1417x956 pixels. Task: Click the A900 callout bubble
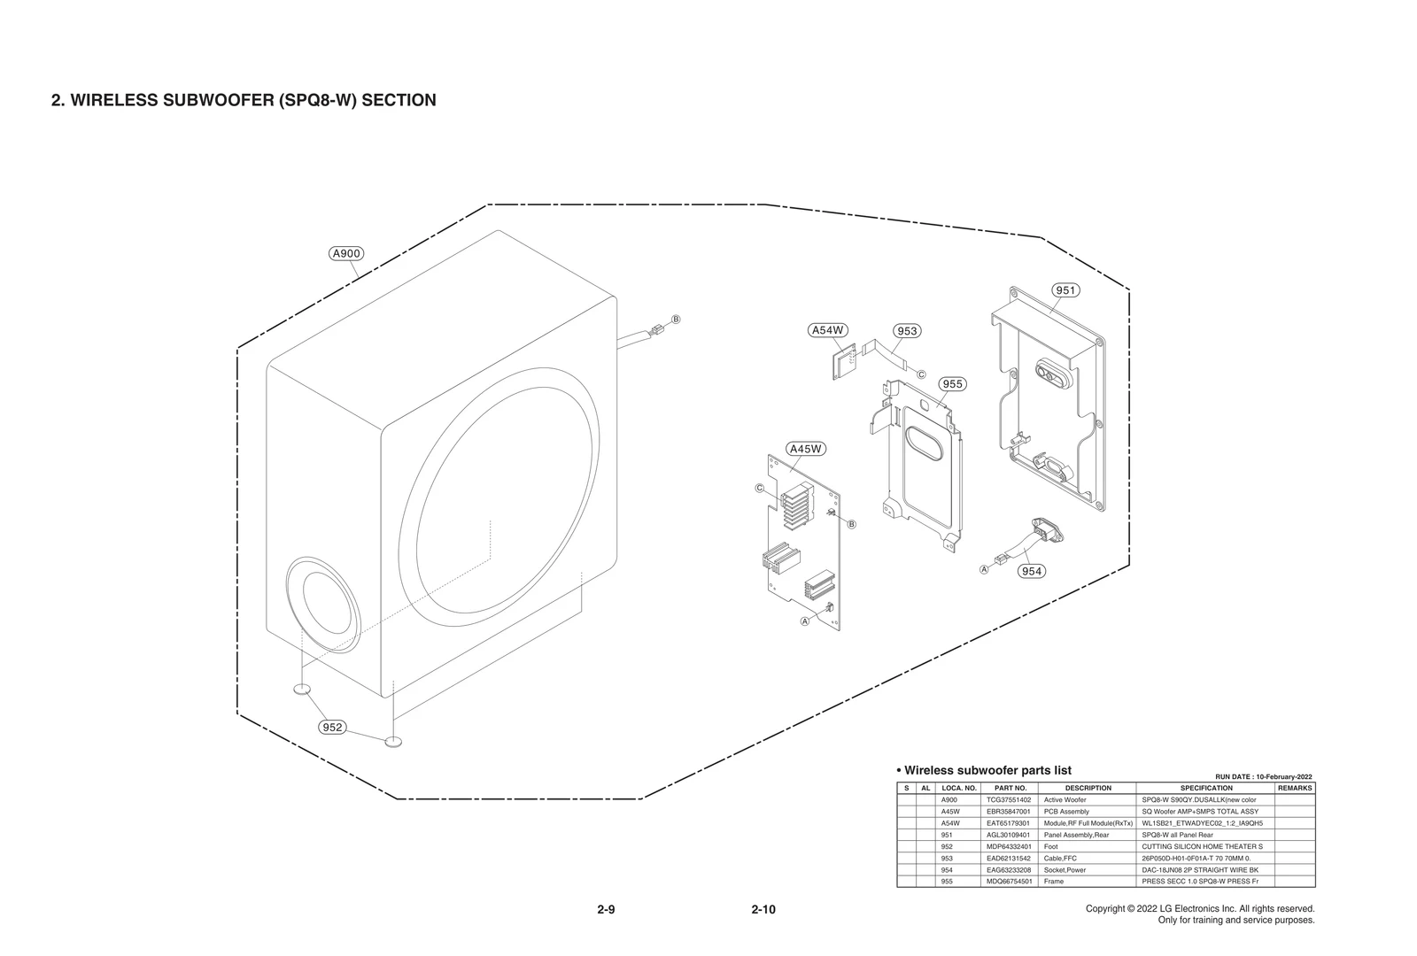tap(345, 254)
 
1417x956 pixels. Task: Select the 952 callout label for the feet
tap(332, 728)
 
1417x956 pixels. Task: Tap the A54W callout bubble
tap(828, 330)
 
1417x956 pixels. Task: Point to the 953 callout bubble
tap(907, 331)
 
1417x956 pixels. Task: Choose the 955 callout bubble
tap(952, 384)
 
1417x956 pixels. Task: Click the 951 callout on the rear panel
tap(1065, 290)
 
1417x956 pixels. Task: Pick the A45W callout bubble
tap(806, 449)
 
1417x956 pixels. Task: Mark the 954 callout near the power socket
tap(1032, 571)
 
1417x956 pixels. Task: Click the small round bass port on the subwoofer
tap(322, 607)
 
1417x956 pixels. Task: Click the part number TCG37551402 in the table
tap(1009, 799)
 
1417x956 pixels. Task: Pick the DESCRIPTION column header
tap(1088, 788)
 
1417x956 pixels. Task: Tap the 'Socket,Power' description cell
tap(1065, 870)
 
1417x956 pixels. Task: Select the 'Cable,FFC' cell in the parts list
tap(1060, 859)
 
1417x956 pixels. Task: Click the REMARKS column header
tap(1295, 788)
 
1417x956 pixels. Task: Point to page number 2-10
tap(763, 910)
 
